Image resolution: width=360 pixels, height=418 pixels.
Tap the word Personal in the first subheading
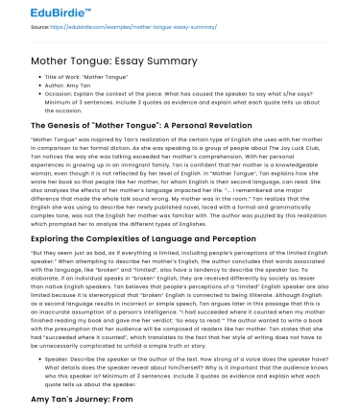pos(158,125)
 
